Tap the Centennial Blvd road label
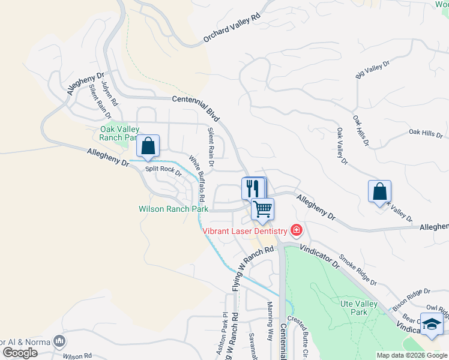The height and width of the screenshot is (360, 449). [x=196, y=107]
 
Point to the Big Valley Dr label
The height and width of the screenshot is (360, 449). [x=373, y=68]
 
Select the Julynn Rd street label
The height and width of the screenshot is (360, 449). [x=108, y=93]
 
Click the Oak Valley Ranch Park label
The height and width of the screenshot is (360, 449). [x=119, y=133]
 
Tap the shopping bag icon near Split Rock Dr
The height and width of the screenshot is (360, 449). [x=148, y=146]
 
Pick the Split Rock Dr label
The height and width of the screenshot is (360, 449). [x=162, y=169]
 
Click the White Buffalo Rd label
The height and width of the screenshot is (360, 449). [x=198, y=178]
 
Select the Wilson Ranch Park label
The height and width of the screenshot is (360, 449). [x=173, y=209]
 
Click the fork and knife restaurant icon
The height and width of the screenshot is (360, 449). [x=253, y=188]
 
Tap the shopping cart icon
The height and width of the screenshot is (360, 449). [x=262, y=209]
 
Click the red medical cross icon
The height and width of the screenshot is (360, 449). [x=295, y=229]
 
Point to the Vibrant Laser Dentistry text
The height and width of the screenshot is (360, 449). [x=244, y=230]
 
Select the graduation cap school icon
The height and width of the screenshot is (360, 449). [x=431, y=325]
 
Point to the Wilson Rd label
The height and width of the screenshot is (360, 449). [x=76, y=356]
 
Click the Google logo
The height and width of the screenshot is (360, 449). [x=20, y=353]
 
